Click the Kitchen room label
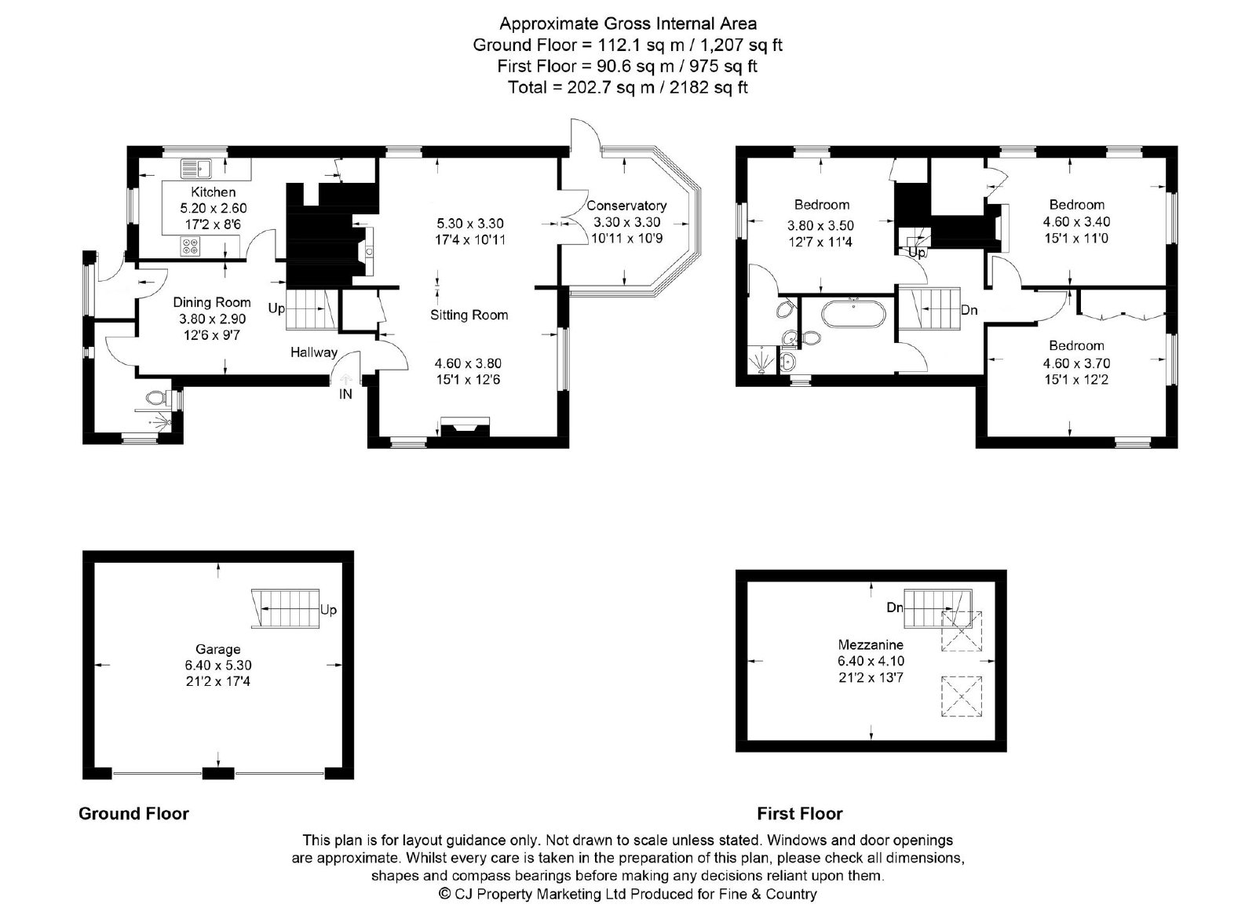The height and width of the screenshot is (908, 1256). click(x=213, y=191)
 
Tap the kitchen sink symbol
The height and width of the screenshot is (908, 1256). click(x=195, y=168)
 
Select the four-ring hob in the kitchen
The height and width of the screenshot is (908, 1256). click(x=191, y=246)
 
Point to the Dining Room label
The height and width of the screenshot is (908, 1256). click(x=211, y=303)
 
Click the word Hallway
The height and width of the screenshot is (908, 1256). click(x=314, y=352)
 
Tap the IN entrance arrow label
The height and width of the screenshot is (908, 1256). click(x=345, y=394)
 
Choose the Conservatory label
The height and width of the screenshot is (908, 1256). click(x=626, y=206)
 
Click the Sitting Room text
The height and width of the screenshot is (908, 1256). click(x=469, y=315)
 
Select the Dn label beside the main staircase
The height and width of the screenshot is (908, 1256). click(x=969, y=310)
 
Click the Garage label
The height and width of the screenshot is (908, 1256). click(x=218, y=649)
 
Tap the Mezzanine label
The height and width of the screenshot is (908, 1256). click(x=871, y=644)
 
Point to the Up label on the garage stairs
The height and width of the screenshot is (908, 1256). click(x=329, y=609)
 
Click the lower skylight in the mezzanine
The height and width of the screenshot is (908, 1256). click(x=962, y=696)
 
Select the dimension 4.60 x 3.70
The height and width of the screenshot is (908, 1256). click(x=1076, y=363)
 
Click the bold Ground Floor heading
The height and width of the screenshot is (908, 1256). click(x=133, y=814)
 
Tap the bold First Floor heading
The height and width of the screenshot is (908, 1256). click(x=800, y=814)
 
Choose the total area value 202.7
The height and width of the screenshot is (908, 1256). click(x=589, y=87)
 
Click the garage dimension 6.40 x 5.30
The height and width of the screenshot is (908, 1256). click(x=218, y=666)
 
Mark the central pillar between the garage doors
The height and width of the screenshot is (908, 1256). click(x=218, y=774)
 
